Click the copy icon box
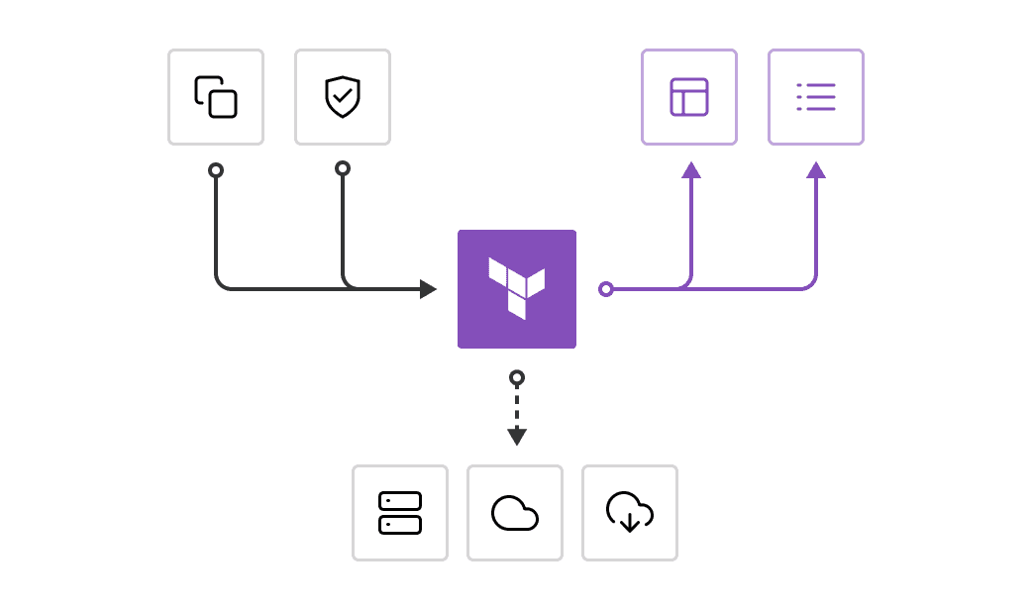216,97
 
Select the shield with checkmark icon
343,97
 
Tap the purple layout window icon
689,97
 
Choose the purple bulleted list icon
816,97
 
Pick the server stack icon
400,513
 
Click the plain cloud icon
515,513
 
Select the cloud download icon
630,513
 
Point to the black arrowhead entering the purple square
428,289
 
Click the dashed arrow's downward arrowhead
517,437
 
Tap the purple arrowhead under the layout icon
691,170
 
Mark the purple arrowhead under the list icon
816,170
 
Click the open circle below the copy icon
216,170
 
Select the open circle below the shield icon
343,168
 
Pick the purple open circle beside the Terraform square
606,289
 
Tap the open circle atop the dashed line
517,377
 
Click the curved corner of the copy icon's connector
221,284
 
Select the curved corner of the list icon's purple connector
811,284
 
